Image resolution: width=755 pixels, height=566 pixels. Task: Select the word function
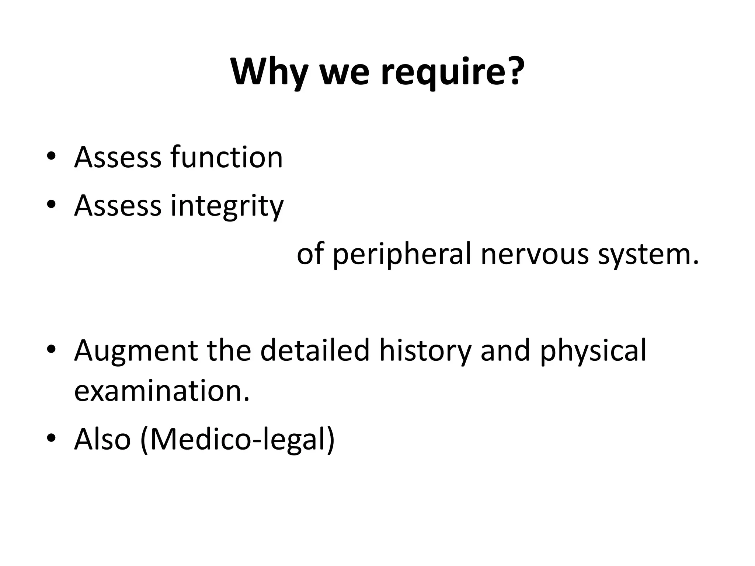(x=226, y=157)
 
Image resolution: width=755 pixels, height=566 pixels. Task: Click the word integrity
(x=227, y=206)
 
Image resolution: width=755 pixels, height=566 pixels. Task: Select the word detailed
(x=315, y=350)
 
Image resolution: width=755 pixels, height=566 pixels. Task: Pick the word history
(x=425, y=350)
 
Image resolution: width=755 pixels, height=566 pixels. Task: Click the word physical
(x=593, y=350)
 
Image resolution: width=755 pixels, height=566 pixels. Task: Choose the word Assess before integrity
(x=118, y=206)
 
